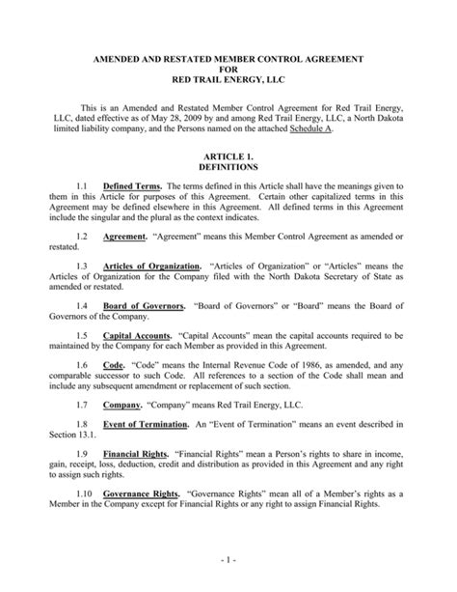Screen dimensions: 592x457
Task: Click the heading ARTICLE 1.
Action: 228,156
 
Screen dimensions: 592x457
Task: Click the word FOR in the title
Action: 228,70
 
